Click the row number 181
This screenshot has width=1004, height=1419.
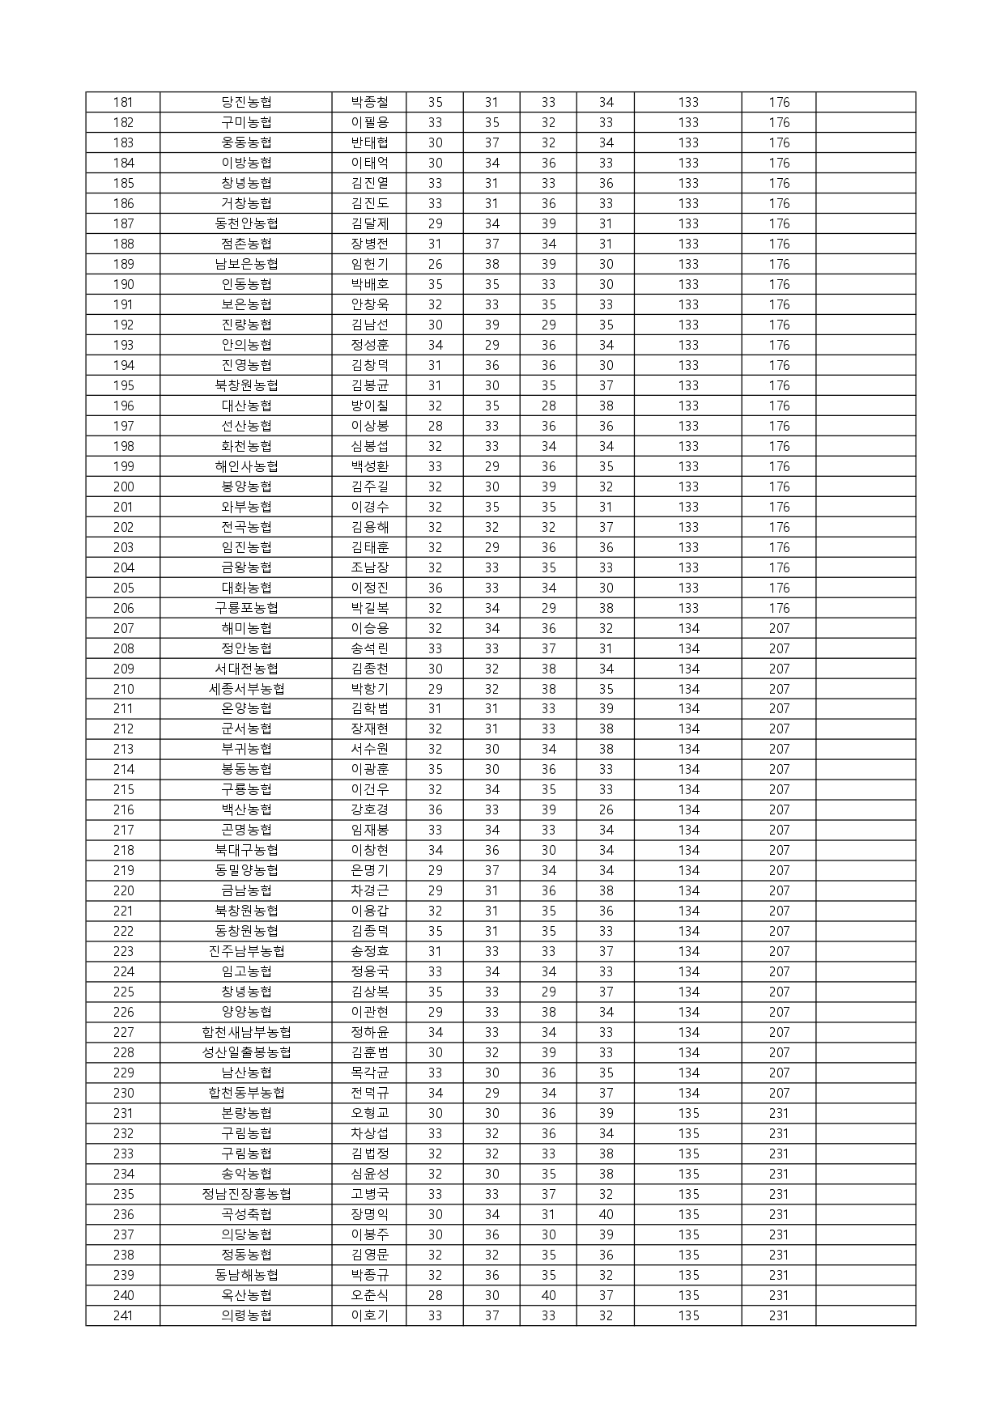123,103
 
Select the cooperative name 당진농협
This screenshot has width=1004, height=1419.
246,103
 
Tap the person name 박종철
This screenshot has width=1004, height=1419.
369,103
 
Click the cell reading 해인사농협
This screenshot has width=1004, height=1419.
246,467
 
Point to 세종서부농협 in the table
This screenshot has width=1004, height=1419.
246,690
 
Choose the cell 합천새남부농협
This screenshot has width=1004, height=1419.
246,1033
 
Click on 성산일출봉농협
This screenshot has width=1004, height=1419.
246,1053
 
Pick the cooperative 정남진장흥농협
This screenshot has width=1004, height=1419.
246,1195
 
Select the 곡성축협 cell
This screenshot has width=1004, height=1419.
246,1215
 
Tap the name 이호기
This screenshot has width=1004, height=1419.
369,1316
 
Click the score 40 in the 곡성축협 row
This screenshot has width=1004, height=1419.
606,1215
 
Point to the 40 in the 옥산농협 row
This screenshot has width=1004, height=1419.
548,1296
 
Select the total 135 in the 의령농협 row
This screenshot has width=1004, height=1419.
688,1316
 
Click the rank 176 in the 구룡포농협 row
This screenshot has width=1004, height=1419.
779,609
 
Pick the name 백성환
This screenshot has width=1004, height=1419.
369,467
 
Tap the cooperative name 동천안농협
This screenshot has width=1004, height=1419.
246,224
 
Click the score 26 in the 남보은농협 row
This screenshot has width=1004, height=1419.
435,265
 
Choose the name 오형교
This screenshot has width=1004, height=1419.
369,1114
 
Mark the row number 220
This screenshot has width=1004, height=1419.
123,891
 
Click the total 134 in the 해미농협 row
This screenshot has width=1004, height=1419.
688,629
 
